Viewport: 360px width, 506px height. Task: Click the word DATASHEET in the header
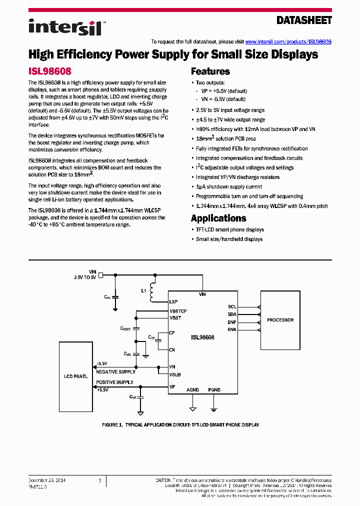(304, 20)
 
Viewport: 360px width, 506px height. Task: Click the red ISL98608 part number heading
(49, 71)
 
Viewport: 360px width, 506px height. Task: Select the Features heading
(210, 71)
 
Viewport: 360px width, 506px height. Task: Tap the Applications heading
(218, 218)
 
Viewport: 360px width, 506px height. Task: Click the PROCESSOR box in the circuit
(280, 320)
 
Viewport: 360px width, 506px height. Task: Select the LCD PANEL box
(76, 376)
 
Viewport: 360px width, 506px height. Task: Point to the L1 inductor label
(144, 290)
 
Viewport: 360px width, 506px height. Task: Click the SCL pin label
(232, 307)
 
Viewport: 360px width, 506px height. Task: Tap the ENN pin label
(232, 329)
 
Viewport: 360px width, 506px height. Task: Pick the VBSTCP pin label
(178, 311)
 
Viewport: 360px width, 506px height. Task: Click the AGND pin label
(192, 390)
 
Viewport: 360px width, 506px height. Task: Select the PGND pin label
(214, 390)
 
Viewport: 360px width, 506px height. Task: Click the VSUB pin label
(175, 374)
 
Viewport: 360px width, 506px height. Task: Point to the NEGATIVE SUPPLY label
(115, 371)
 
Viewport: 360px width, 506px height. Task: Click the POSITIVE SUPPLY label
(114, 382)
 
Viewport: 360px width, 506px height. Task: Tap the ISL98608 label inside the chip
(202, 337)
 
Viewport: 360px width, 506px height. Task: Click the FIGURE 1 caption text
(180, 424)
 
